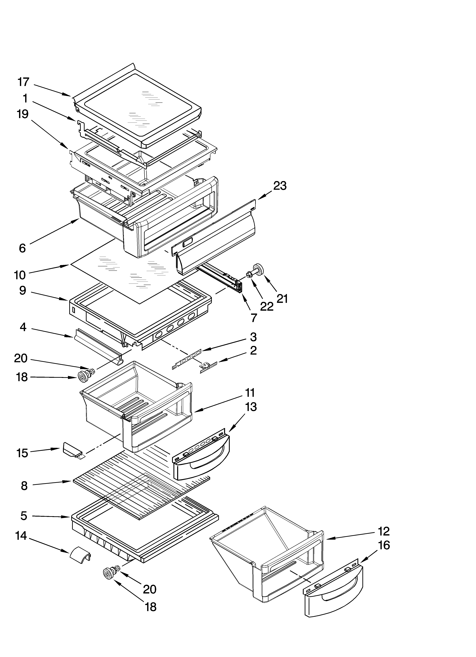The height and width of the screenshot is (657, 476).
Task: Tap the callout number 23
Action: click(x=280, y=186)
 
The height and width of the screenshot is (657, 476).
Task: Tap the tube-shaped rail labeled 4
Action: click(x=99, y=347)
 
